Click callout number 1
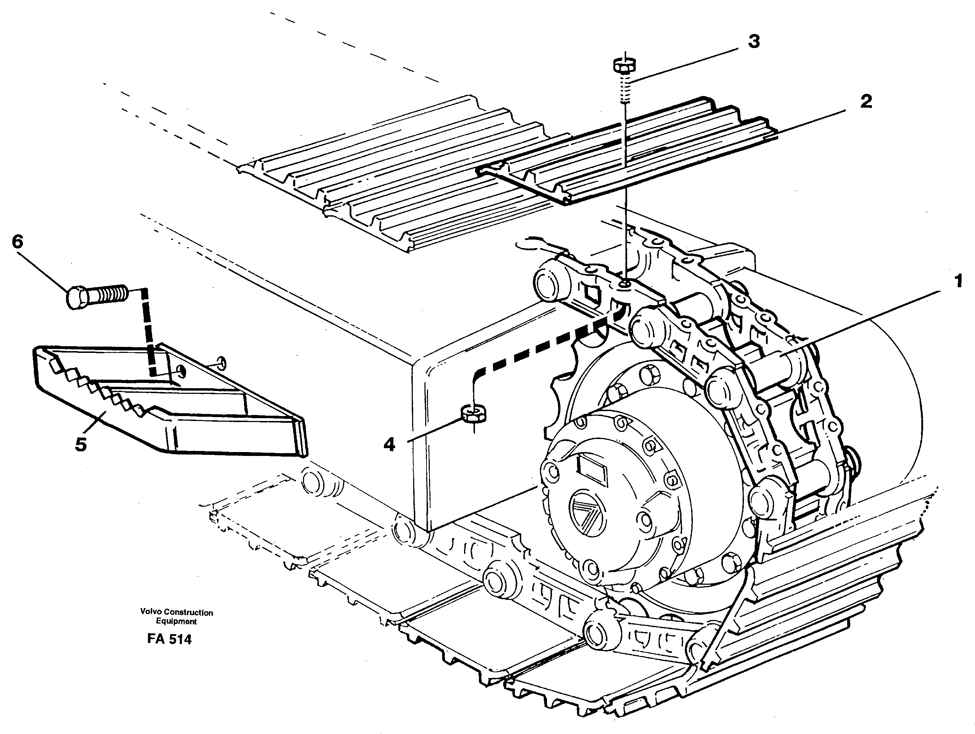958,281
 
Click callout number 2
866,102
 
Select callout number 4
389,445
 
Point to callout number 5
81,445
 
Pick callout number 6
17,241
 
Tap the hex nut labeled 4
474,413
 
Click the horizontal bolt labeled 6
97,296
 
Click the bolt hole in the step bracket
181,371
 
